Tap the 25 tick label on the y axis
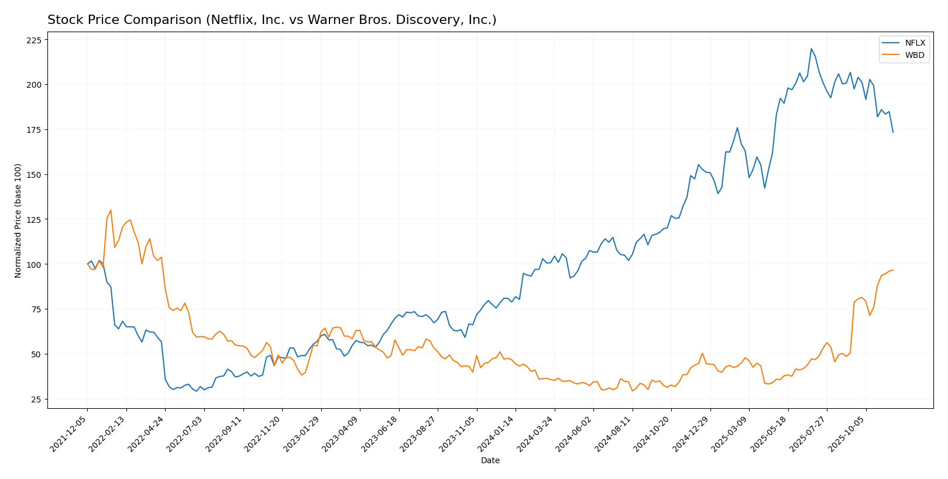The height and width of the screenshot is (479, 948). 36,399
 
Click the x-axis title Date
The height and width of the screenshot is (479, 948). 490,461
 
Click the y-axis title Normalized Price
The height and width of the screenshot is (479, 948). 18,220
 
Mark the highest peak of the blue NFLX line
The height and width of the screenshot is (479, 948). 811,49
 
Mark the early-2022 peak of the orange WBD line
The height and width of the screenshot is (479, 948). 111,210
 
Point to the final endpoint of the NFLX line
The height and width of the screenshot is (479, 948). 893,132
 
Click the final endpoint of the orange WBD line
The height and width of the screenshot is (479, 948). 893,270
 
